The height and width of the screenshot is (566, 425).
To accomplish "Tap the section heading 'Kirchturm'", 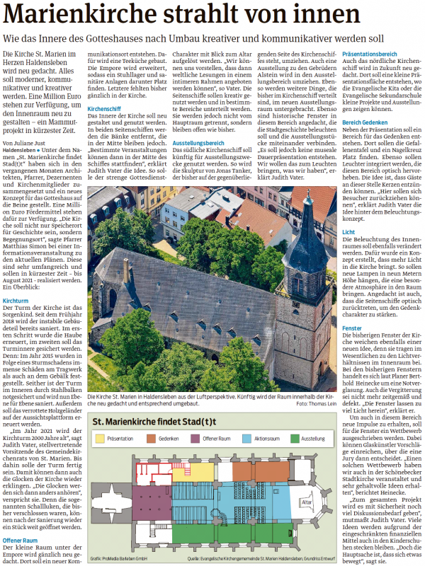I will click(18, 281).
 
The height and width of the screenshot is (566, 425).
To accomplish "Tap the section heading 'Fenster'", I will click(352, 329).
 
